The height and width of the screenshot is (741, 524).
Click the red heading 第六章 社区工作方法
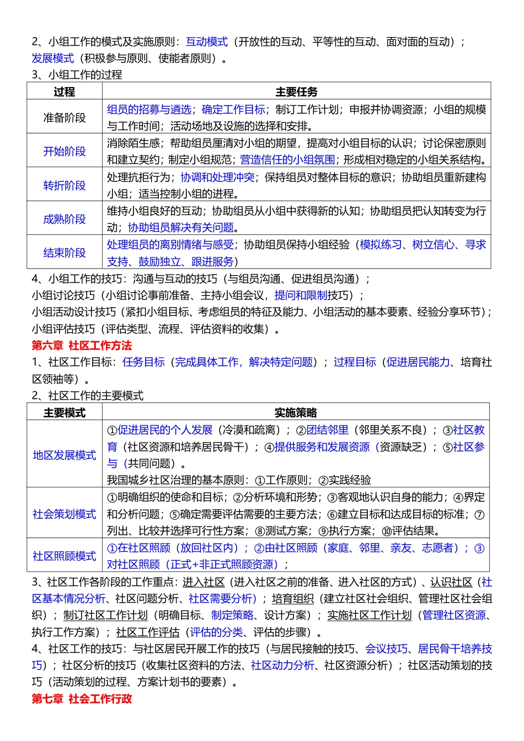tap(82, 346)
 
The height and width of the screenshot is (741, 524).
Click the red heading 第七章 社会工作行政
tap(82, 699)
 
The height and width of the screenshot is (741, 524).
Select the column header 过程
tap(65, 92)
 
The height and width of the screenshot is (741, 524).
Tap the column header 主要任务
tap(296, 92)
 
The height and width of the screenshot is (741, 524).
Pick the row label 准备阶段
tap(65, 117)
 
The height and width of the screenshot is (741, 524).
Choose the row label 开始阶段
tap(65, 152)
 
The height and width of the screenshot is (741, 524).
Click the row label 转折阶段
tap(65, 185)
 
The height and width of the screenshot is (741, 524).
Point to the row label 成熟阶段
tap(65, 219)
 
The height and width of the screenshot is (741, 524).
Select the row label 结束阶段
tap(65, 253)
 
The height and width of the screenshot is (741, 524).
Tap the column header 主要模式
tap(65, 412)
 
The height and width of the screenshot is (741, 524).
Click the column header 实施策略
tap(296, 412)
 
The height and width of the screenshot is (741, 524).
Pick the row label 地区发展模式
tap(65, 455)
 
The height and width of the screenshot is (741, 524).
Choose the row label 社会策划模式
tap(65, 514)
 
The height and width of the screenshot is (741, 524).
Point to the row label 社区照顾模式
tap(65, 556)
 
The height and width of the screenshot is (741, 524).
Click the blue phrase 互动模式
tap(207, 42)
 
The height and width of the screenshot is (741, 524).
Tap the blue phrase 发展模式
tap(53, 58)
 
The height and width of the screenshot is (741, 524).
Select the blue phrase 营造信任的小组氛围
tap(287, 160)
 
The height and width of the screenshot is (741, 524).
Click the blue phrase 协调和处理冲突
tap(217, 178)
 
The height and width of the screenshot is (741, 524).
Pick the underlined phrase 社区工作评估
tap(148, 632)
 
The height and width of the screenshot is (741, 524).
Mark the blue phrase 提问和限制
tap(301, 296)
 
